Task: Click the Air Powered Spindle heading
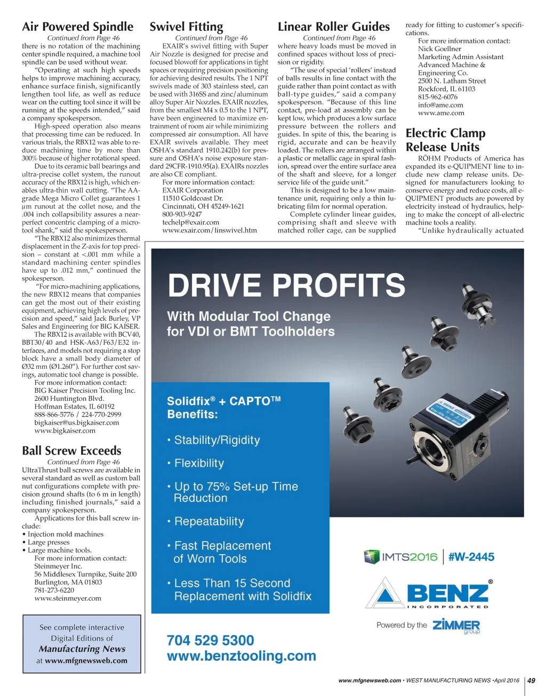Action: (x=78, y=27)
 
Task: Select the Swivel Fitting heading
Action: (x=186, y=27)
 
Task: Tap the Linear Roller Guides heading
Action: (x=334, y=27)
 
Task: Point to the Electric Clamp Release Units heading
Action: (x=445, y=140)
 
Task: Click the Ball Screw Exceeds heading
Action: (x=71, y=450)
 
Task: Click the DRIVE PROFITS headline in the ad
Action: (x=287, y=285)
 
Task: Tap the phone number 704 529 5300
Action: (x=210, y=640)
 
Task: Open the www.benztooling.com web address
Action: (x=241, y=656)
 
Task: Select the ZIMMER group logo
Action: (x=456, y=626)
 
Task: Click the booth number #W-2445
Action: (x=471, y=557)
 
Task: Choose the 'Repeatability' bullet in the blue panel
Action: (x=209, y=521)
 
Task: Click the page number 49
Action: (x=532, y=681)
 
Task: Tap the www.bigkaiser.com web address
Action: (x=65, y=431)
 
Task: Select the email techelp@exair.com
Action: (x=191, y=222)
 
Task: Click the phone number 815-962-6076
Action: (x=438, y=97)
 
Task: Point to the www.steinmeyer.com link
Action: (x=68, y=598)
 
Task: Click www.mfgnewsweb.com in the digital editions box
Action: (x=86, y=661)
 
